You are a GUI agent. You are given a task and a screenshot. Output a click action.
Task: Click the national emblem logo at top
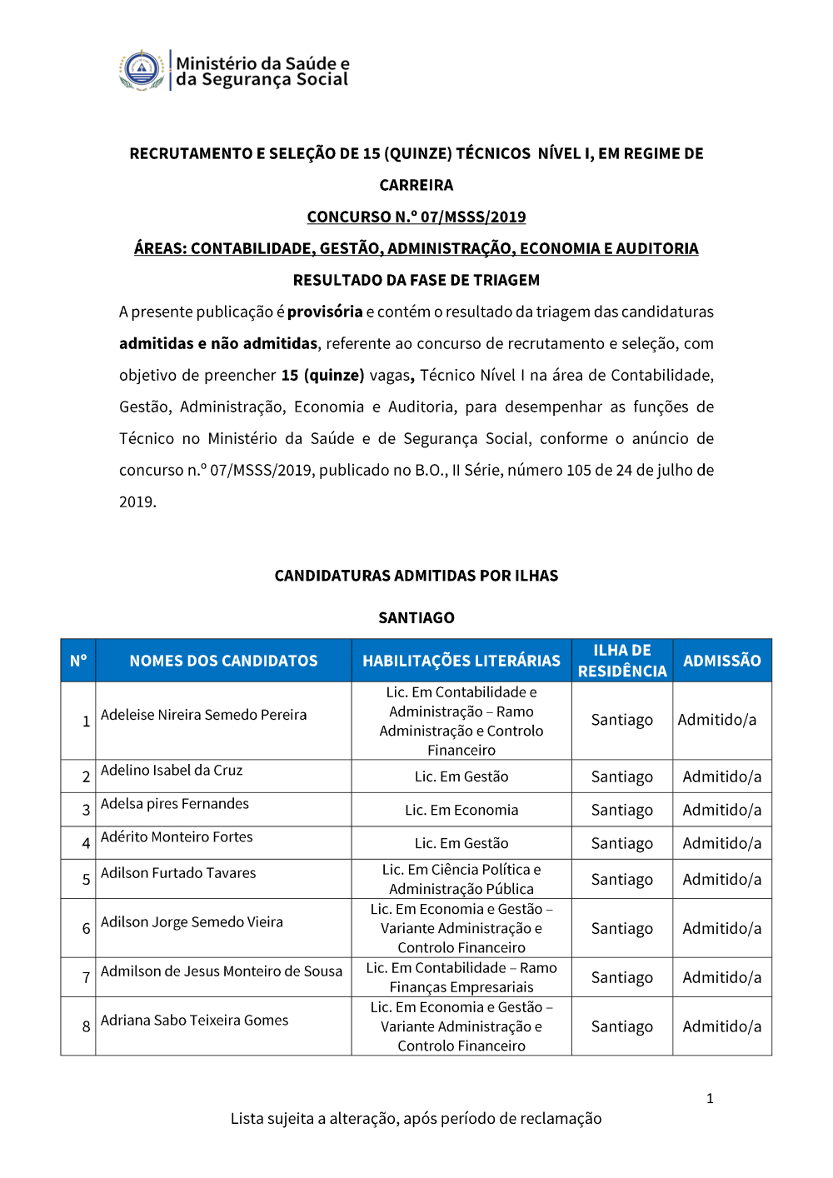142,70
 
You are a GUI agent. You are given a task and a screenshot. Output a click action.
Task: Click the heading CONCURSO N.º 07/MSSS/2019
416,217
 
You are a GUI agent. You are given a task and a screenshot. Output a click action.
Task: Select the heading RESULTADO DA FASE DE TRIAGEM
416,280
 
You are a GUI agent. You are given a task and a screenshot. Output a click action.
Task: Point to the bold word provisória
325,312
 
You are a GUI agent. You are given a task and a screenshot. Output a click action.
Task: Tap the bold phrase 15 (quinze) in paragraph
322,375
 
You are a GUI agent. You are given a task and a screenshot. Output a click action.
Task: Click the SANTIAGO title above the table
416,617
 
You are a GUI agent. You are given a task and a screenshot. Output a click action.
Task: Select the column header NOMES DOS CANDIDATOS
223,661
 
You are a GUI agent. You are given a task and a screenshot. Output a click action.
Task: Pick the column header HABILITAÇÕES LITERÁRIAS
461,661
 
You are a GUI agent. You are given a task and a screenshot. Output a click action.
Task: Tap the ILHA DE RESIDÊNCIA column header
622,661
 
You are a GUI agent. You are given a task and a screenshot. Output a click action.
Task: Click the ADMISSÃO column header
722,661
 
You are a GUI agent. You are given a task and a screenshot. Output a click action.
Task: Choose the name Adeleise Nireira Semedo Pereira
204,715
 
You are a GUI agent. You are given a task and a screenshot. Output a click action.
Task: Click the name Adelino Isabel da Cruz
172,771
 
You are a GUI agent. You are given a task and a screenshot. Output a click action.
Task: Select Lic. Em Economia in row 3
461,810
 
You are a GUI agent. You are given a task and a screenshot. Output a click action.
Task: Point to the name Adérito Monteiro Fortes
177,837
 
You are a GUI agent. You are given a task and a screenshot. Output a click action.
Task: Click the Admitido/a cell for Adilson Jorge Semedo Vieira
722,928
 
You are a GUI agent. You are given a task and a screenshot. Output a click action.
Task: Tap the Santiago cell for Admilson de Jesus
622,977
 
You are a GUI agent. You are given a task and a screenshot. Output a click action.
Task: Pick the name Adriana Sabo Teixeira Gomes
195,1021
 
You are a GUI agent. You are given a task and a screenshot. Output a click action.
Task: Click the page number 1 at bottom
710,1098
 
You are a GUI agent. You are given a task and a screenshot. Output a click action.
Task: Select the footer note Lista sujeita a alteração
416,1119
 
